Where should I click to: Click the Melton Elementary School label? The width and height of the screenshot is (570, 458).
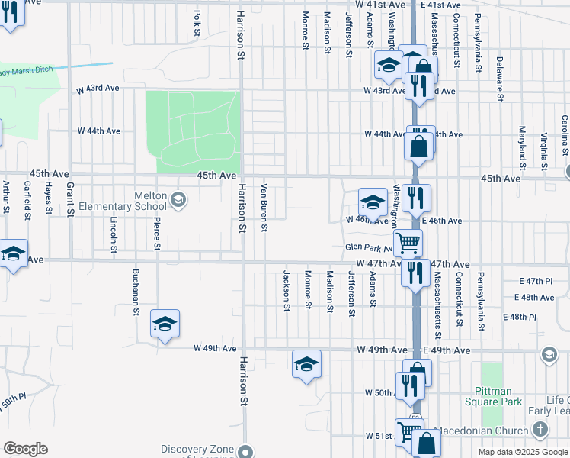click(139, 201)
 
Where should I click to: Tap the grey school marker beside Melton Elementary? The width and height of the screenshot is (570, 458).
click(178, 202)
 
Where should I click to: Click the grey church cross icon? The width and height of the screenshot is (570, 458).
click(540, 430)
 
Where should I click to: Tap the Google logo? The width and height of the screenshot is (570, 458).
click(25, 449)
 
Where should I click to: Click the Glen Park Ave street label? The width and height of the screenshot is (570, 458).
click(367, 247)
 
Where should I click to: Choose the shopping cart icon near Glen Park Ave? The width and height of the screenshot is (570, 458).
click(408, 244)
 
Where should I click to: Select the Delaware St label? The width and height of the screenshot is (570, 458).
click(500, 77)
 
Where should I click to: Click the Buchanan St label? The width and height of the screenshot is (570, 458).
click(136, 291)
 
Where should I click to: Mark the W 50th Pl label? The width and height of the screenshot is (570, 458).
click(13, 399)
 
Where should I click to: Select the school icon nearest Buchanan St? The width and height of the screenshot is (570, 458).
click(165, 324)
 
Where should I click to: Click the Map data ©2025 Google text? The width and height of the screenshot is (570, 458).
click(522, 452)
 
